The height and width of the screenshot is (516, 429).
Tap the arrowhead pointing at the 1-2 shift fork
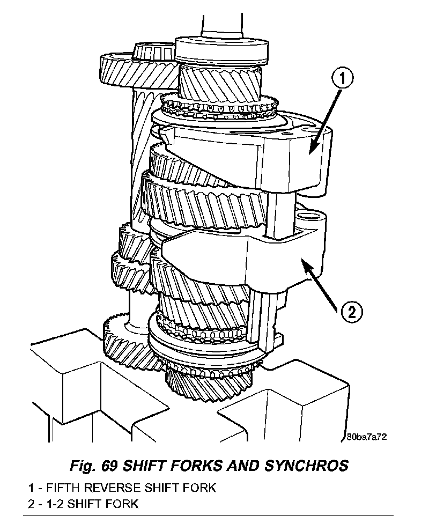[304, 262]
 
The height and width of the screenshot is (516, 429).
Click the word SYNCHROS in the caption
[306, 465]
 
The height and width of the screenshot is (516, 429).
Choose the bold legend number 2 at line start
[33, 504]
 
